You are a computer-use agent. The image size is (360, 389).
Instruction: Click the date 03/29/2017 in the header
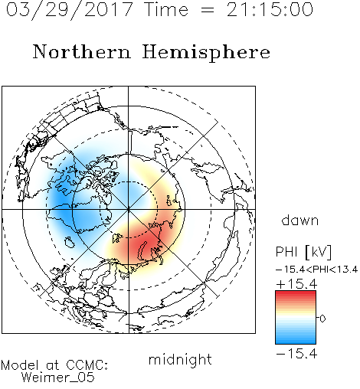tap(70, 10)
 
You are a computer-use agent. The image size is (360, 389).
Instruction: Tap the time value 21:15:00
tap(270, 10)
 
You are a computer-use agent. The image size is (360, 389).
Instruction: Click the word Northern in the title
tap(82, 51)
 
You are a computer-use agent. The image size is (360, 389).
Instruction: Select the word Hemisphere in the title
tap(206, 53)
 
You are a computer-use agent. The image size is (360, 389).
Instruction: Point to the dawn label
tap(300, 220)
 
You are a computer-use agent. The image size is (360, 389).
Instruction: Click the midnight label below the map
tap(180, 360)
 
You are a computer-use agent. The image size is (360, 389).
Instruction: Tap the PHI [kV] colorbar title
tap(303, 252)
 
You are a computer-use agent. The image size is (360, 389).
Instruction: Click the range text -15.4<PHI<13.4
tap(317, 270)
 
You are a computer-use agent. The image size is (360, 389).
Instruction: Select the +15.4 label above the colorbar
tap(296, 284)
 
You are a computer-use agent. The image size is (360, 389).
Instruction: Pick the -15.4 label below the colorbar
tap(296, 354)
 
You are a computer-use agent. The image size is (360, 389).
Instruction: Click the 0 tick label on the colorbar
tap(322, 319)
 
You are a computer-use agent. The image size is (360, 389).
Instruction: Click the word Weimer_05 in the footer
tap(58, 377)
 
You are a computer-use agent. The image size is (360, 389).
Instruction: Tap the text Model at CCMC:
tap(54, 365)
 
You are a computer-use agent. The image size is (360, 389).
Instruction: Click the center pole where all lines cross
tap(128, 209)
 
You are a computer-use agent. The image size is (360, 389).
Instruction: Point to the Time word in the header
tap(166, 10)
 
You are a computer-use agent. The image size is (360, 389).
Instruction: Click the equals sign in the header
tap(208, 10)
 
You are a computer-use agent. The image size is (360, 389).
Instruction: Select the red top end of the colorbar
tap(296, 293)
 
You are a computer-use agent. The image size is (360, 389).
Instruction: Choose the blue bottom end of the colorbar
tap(296, 342)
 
